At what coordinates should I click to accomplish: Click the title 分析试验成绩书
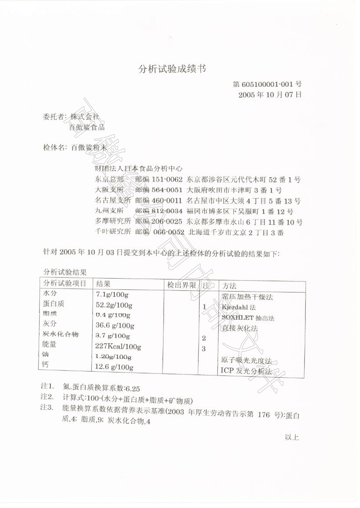[x=172, y=69]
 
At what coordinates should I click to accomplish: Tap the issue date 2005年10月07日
[x=270, y=94]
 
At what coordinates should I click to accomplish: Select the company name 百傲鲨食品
[x=87, y=127]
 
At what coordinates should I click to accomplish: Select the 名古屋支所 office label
[x=113, y=201]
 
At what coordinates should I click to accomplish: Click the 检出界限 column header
[x=181, y=285]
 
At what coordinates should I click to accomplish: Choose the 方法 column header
[x=229, y=286]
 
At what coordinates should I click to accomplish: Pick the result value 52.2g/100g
[x=114, y=305]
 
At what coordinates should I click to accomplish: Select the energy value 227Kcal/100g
[x=118, y=346]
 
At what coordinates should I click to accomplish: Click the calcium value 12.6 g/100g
[x=114, y=368]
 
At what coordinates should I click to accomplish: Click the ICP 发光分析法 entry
[x=246, y=372]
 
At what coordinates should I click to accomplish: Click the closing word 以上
[x=292, y=437]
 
